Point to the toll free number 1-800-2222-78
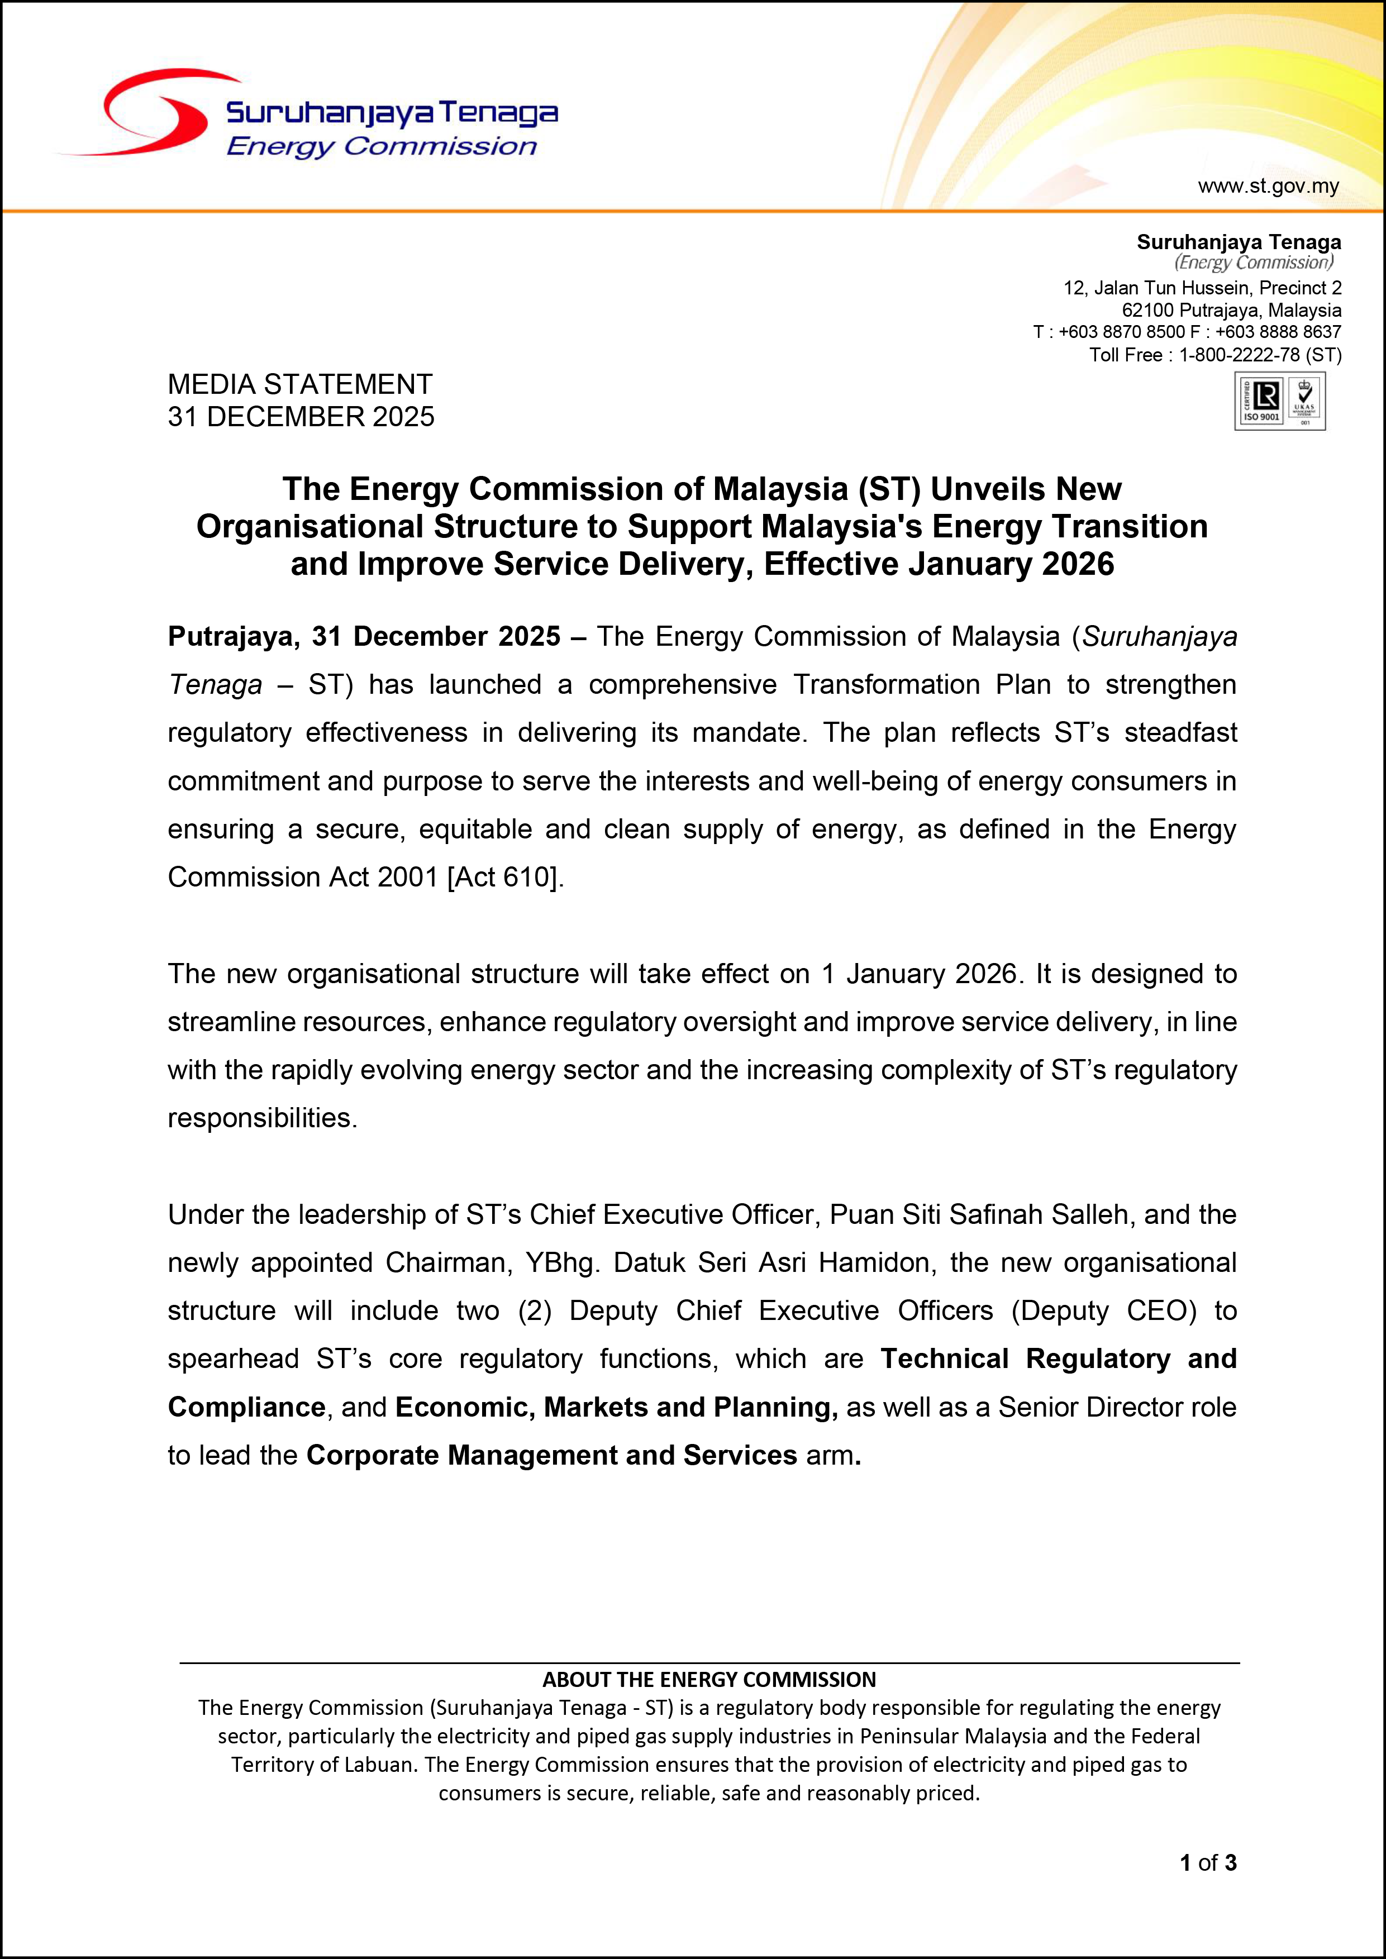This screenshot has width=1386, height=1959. pyautogui.click(x=1239, y=355)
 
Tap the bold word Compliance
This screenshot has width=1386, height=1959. pyautogui.click(x=246, y=1407)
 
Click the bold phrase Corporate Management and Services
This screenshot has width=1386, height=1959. pyautogui.click(x=551, y=1455)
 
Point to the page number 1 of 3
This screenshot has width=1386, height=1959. pyautogui.click(x=1208, y=1862)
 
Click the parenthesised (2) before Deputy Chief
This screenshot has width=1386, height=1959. pyautogui.click(x=534, y=1310)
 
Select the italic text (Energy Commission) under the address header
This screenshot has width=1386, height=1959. pyautogui.click(x=1253, y=263)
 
